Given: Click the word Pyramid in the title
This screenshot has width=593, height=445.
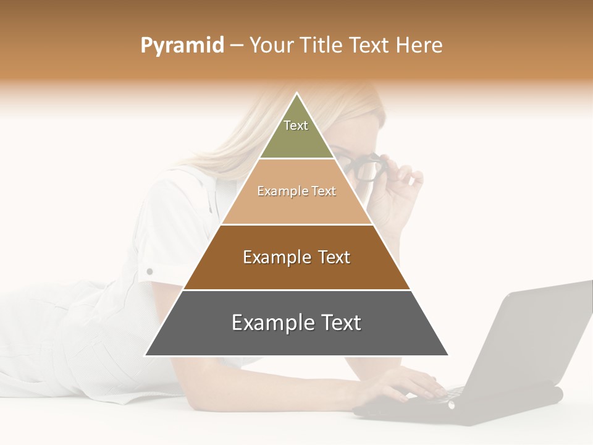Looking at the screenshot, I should coord(182,45).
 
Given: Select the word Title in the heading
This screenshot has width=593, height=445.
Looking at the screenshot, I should coord(321,45).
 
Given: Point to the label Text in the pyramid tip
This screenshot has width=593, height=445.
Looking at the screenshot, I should coord(296,125).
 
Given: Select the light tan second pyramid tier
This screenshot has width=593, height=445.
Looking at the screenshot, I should coord(296,207).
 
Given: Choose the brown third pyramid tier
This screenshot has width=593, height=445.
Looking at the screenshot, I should coord(296,272).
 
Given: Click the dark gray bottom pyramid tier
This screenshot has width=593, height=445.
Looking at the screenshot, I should coord(296,340).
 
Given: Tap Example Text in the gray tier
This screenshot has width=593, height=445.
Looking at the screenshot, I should coord(296,323).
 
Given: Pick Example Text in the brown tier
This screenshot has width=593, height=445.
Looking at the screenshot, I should coord(296,257).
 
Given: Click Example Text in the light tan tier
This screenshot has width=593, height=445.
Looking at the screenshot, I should coord(296,191).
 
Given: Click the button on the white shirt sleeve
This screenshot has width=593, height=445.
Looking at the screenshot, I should coord(149,271).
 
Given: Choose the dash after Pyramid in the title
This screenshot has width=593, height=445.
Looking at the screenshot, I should coord(237,45).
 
